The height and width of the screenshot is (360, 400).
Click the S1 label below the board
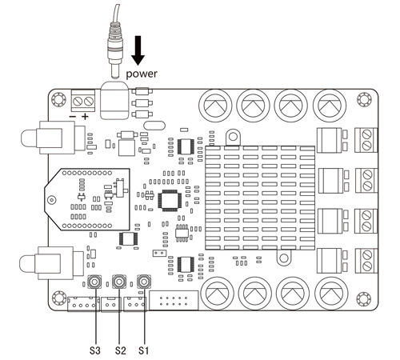[145, 349]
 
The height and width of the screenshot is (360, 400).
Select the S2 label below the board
[122, 349]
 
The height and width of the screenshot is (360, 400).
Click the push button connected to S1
[145, 282]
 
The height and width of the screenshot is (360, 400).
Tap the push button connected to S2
[120, 282]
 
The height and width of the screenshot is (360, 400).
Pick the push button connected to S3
[95, 282]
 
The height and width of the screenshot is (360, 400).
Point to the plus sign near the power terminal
[84, 117]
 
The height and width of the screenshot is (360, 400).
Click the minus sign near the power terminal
[72, 117]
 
